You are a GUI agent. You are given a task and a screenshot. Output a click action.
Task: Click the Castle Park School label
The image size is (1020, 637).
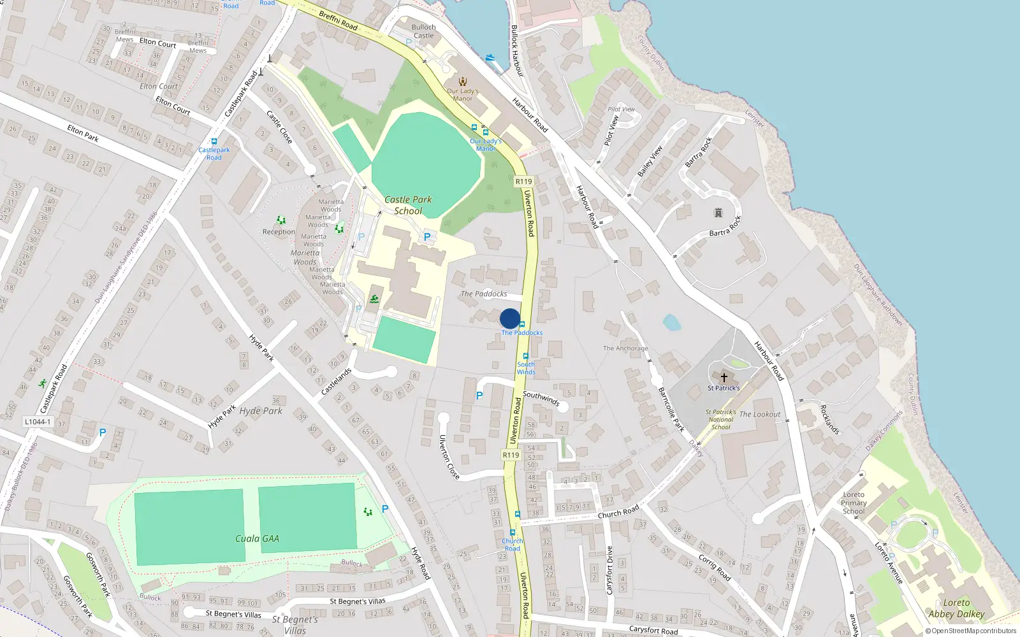coord(408,205)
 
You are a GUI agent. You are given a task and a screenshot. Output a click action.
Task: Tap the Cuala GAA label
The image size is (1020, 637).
coord(257,538)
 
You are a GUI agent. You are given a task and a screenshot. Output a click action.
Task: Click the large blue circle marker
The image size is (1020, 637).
coord(510,318)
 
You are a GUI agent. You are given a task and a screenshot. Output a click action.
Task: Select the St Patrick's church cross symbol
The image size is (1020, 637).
coord(724,378)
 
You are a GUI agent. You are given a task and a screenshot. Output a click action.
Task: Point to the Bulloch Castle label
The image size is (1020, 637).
coord(423,31)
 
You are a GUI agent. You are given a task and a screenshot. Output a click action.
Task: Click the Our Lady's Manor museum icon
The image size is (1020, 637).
coord(463,82)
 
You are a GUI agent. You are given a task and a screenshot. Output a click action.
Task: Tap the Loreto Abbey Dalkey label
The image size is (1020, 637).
coord(956,608)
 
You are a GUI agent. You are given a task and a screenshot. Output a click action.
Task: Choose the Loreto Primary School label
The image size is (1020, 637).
coord(854,503)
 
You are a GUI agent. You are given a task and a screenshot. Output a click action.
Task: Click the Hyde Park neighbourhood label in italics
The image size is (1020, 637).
coord(261,411)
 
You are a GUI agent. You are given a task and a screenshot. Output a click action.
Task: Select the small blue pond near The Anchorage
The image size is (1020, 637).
coord(671,322)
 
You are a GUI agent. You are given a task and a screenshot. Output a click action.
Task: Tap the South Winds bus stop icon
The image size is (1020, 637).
coord(525,356)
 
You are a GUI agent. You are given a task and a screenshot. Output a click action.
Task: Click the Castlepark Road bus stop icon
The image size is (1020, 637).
coord(214,141)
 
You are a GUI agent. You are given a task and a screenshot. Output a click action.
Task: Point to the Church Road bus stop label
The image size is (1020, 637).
coord(513,545)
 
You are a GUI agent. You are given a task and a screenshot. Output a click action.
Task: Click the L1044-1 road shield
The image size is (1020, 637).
coord(38,422)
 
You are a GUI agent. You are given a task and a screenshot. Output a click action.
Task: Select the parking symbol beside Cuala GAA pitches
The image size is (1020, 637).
coord(385,508)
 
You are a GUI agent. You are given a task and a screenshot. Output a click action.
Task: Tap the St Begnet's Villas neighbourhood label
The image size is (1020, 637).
coord(295,624)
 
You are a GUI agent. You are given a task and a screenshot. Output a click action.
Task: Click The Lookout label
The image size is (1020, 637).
coord(759,414)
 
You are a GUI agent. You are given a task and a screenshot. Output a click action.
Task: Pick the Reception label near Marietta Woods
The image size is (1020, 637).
coord(279,232)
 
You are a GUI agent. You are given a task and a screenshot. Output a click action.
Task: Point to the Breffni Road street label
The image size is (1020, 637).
coord(338,20)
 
